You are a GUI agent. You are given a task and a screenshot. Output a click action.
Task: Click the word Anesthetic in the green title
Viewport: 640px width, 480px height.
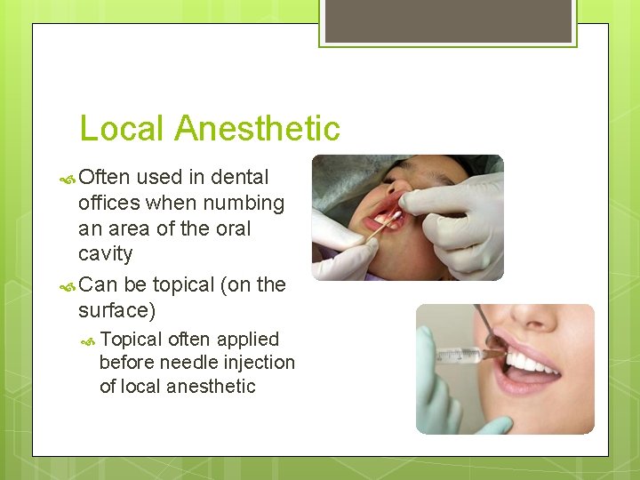click(x=257, y=129)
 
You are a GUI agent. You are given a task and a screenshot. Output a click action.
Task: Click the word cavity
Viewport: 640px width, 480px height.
click(x=105, y=254)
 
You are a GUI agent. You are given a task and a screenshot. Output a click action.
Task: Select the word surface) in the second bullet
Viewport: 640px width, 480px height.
click(x=116, y=309)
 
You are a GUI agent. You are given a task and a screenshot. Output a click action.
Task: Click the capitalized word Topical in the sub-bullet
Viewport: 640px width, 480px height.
click(x=131, y=340)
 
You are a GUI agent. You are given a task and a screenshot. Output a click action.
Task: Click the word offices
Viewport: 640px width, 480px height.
click(x=110, y=204)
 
